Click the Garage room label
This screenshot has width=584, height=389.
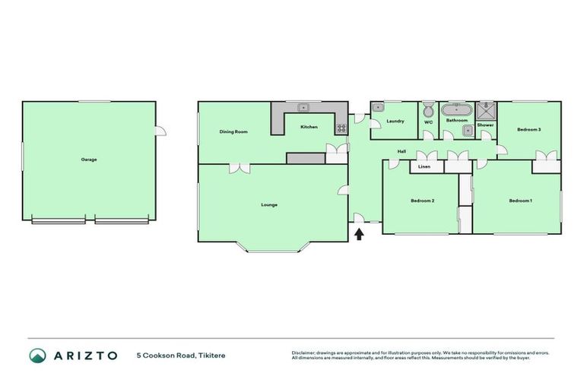(89, 160)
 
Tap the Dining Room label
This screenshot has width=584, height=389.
(234, 132)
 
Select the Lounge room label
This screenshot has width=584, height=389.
(269, 204)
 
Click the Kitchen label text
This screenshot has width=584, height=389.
(308, 127)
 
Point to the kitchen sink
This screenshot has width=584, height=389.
(303, 108)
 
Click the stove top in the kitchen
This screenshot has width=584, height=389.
(341, 128)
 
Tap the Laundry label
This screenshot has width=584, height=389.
(395, 122)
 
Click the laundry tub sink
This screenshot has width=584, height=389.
(378, 108)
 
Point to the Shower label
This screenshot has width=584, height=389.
(485, 125)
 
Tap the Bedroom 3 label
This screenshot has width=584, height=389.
(528, 129)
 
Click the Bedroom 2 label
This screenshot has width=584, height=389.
(422, 201)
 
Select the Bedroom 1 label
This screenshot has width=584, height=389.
(520, 201)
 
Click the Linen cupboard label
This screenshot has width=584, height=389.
(424, 166)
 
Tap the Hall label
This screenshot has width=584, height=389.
(401, 151)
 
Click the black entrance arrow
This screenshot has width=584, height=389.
(359, 234)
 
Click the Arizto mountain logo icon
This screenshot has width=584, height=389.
(37, 356)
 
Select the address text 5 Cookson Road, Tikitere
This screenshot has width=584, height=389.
(181, 356)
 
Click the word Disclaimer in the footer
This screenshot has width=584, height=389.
(303, 353)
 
